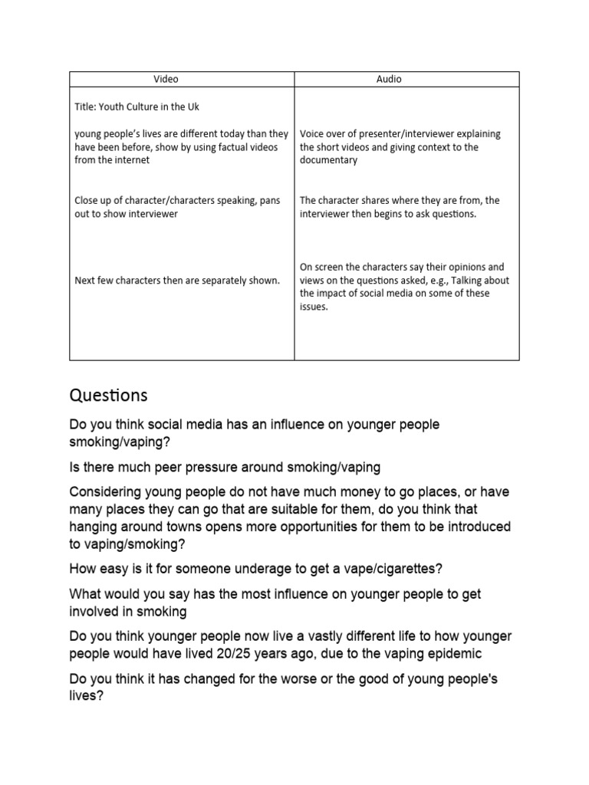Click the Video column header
point(166,79)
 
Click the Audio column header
point(389,79)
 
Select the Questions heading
point(108,396)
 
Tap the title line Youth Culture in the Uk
point(137,107)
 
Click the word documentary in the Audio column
point(328,160)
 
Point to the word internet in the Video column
point(133,160)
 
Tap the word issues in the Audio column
point(314,307)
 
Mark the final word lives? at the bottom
point(86,697)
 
